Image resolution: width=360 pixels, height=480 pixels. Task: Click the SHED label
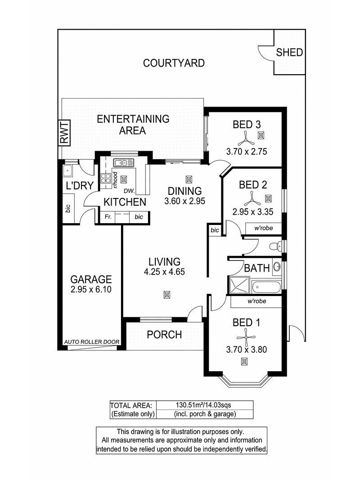tap(289, 52)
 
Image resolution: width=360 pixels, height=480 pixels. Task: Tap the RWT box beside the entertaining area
tap(64, 133)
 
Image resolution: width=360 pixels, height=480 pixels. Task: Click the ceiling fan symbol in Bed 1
tap(246, 337)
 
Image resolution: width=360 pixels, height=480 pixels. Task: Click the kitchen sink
tap(124, 162)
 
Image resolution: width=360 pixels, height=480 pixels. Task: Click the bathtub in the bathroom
tap(266, 287)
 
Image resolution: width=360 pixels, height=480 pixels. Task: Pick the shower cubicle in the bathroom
tap(240, 285)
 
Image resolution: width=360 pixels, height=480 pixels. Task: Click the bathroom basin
tap(277, 266)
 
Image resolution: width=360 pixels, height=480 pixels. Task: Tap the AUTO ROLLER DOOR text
tap(92, 342)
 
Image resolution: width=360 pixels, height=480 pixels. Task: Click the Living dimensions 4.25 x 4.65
tap(164, 272)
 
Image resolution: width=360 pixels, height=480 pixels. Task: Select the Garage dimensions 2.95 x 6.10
tap(91, 289)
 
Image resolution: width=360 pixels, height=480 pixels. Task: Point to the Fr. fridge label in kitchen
tap(108, 217)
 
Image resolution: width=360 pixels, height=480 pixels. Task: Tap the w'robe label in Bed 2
tap(264, 228)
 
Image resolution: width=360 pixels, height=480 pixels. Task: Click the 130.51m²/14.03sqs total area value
tap(203, 405)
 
